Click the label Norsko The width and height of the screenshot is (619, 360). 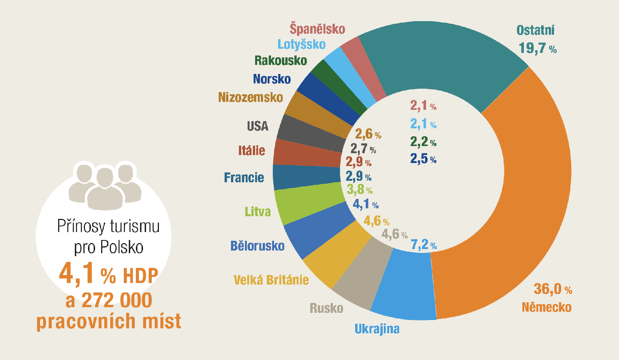[272, 79]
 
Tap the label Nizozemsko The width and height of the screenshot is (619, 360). [251, 97]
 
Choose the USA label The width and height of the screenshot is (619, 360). [257, 126]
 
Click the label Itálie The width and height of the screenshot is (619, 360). [251, 151]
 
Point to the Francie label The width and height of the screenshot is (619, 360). [244, 177]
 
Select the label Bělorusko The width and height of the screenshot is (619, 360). [257, 246]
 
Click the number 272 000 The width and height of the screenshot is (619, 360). [117, 301]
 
